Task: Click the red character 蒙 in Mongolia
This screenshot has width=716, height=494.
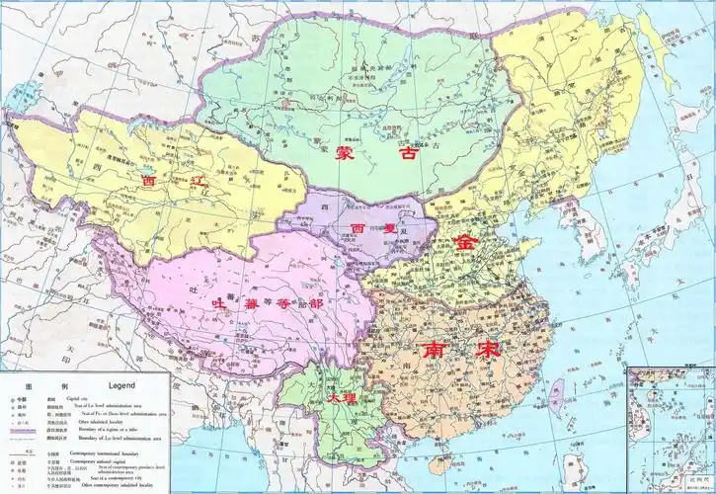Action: (x=345, y=154)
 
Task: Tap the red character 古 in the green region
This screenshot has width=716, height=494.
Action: (x=407, y=154)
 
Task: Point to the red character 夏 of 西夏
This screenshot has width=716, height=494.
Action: (x=387, y=228)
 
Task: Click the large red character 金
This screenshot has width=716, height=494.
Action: (x=465, y=242)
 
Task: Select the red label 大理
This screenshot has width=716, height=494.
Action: (x=339, y=396)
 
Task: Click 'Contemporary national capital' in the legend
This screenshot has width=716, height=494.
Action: (x=103, y=461)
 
